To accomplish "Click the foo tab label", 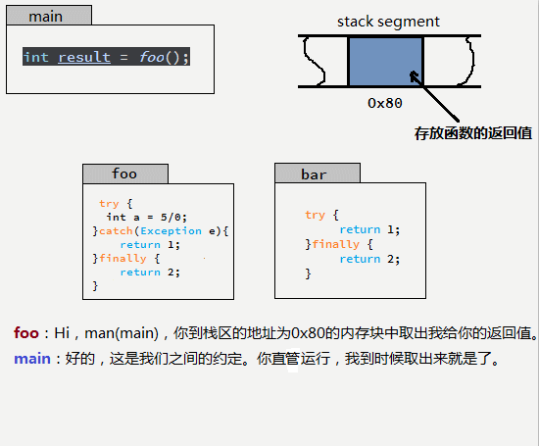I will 124,174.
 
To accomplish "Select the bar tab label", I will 314,174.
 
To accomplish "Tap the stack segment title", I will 388,22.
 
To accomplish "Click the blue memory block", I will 385,62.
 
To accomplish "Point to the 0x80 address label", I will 385,102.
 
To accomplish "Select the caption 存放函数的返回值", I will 472,132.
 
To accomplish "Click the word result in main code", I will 84,58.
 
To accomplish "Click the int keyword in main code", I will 36,58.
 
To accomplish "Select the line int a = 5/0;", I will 146,218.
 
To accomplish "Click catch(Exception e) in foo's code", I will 163,231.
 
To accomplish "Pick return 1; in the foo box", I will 150,245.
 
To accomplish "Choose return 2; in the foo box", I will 150,273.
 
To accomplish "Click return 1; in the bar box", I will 369,229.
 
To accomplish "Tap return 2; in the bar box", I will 369,259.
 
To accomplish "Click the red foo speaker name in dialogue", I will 26,333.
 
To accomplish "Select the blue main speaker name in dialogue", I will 31,359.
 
